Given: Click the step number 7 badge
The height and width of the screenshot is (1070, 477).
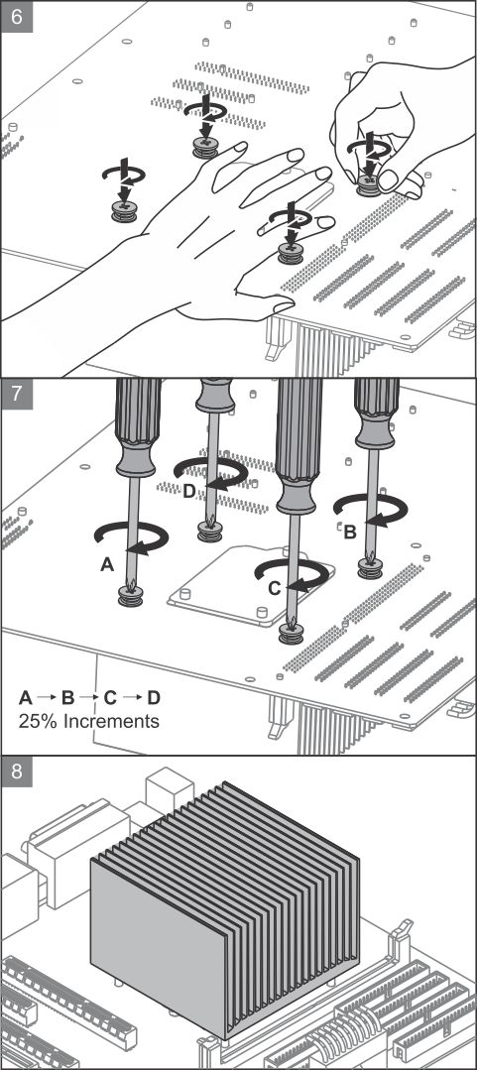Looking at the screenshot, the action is pos(17,395).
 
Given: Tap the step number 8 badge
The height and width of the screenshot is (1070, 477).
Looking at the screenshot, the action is pos(17,772).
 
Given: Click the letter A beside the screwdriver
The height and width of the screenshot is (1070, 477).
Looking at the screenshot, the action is pos(106,564).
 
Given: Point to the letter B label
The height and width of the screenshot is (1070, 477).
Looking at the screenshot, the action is pos(349,533).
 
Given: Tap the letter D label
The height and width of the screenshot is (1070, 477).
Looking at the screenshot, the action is pos(189,490).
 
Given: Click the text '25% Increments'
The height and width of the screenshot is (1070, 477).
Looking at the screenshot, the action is pos(88,721).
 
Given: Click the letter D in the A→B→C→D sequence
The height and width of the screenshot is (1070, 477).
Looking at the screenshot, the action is pos(154,697).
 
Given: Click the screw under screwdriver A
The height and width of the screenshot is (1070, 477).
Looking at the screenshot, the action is pos(131,597).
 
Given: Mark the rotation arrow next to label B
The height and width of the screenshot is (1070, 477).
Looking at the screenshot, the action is pos(371,510).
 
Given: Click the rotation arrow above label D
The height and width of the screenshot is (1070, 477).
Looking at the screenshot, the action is pos(211,472).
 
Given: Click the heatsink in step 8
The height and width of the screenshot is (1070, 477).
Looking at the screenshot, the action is pos(225,907).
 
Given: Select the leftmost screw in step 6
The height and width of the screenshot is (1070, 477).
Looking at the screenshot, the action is pos(124,211).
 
